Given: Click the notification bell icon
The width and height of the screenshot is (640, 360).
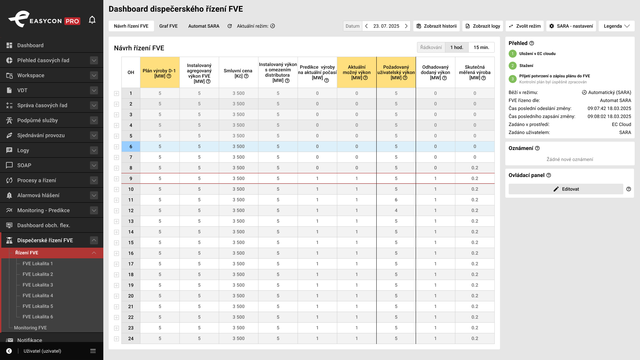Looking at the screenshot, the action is point(92,20).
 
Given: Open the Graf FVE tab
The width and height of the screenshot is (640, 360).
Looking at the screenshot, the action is point(168,26).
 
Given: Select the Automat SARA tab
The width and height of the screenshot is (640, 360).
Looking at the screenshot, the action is point(204,26).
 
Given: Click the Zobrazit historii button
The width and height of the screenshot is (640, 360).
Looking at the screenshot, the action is point(436,26).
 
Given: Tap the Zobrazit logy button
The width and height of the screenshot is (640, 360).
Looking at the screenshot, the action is point(483,26).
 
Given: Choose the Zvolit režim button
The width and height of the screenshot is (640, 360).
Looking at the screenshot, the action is point(525,26).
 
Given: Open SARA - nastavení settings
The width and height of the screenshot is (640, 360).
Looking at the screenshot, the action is point(571,26).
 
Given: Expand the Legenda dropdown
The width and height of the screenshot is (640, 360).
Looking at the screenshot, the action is point(617,26).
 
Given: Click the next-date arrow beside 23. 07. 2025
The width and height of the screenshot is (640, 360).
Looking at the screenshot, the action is point(406,26).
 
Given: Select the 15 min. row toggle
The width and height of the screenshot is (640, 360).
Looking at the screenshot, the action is point(481,47).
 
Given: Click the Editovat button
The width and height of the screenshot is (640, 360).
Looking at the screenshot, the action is point(566,189).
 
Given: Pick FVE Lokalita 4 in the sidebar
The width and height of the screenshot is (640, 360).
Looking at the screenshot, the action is point(38,296).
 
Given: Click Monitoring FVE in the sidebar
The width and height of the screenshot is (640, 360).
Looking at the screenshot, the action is point(30,328).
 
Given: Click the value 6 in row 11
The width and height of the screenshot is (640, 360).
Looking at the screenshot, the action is point(396,200).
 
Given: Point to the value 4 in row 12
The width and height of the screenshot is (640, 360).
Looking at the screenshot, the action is point(396,210).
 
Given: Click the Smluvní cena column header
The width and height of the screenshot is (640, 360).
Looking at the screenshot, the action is point(238,73).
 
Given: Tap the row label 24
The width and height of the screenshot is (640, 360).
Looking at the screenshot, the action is point(131,338).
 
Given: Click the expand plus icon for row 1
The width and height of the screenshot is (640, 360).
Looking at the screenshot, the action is point(116,94).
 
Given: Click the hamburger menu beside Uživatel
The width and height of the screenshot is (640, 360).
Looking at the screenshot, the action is point(93,351).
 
